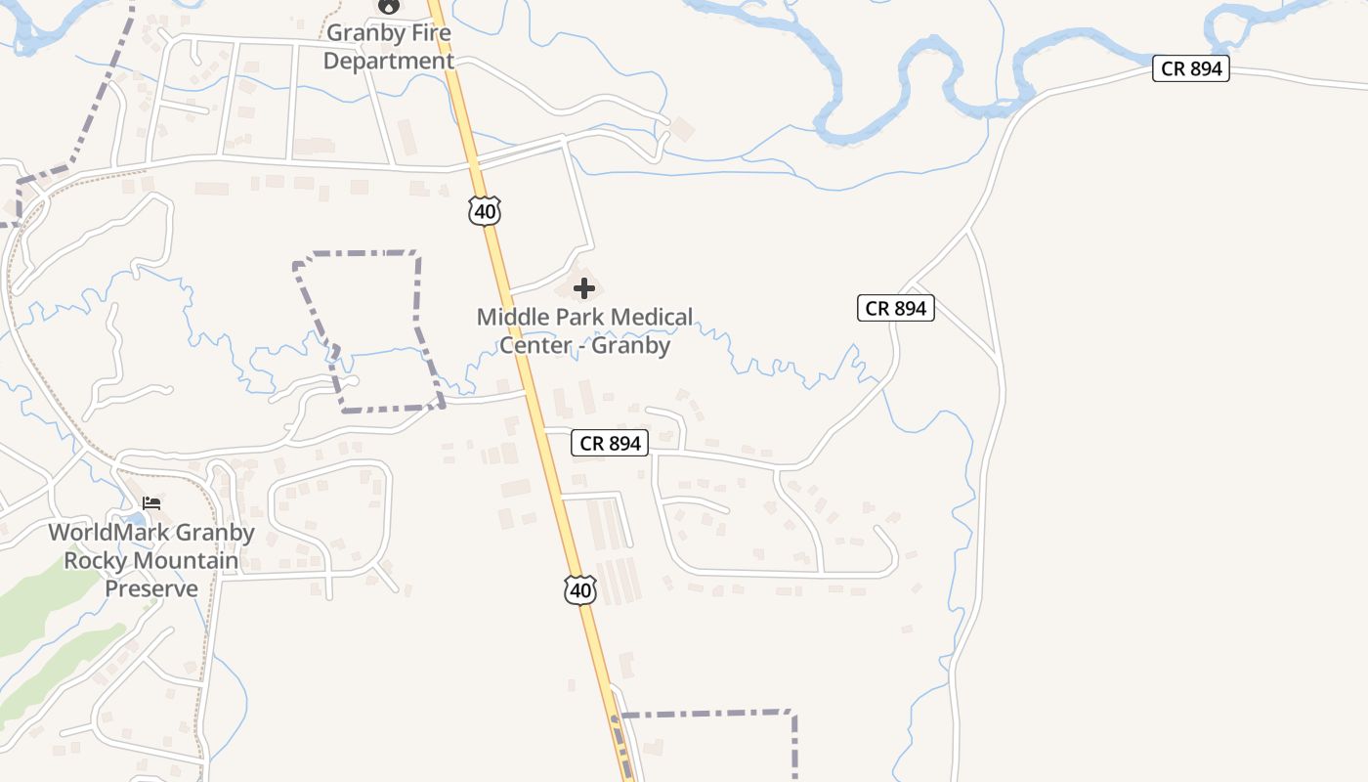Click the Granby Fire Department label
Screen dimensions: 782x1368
pyautogui.click(x=389, y=47)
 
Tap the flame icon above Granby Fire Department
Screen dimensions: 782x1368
pyautogui.click(x=389, y=6)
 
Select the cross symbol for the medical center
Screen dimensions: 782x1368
pyautogui.click(x=584, y=288)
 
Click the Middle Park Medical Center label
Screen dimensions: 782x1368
pyautogui.click(x=584, y=330)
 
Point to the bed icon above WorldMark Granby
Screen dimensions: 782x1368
pyautogui.click(x=151, y=503)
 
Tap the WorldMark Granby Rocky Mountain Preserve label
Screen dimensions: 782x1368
pyautogui.click(x=151, y=560)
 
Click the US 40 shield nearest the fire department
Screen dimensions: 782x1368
pyautogui.click(x=485, y=211)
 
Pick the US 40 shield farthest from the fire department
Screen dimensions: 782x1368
pyautogui.click(x=579, y=589)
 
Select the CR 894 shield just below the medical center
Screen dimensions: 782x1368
pyautogui.click(x=610, y=443)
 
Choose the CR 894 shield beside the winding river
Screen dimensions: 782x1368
pyautogui.click(x=1190, y=69)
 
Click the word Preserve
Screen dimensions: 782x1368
pyautogui.click(x=151, y=588)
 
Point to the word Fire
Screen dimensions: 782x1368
pyautogui.click(x=431, y=32)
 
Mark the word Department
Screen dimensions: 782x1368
pyautogui.click(x=389, y=61)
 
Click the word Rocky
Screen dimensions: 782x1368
pyautogui.click(x=96, y=561)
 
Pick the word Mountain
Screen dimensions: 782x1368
pyautogui.click(x=185, y=561)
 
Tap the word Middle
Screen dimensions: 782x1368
pyautogui.click(x=511, y=317)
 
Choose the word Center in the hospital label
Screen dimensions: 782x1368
pyautogui.click(x=534, y=345)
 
